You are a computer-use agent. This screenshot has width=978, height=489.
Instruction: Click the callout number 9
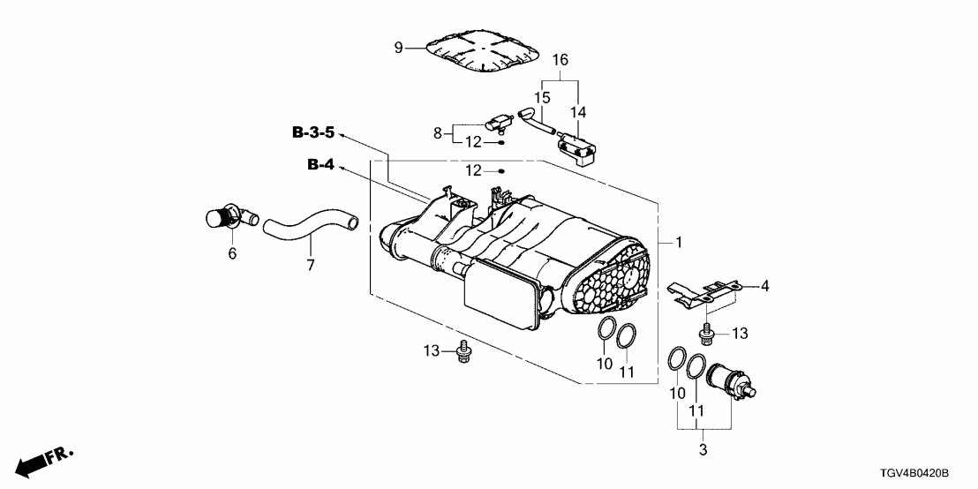point(398,47)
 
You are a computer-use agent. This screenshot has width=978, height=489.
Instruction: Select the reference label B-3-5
point(313,133)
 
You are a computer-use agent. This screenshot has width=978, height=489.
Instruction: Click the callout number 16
point(560,60)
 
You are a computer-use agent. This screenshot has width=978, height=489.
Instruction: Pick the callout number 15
point(543,96)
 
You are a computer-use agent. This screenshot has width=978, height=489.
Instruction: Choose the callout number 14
point(578,112)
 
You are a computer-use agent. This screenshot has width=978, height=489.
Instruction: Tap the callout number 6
point(232,252)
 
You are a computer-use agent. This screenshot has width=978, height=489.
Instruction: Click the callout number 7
point(309,266)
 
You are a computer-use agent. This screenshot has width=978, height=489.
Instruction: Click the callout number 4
point(765,286)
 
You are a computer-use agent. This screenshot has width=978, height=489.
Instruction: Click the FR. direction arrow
point(44,461)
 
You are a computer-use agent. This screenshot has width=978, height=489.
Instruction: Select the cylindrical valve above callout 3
point(728,379)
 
